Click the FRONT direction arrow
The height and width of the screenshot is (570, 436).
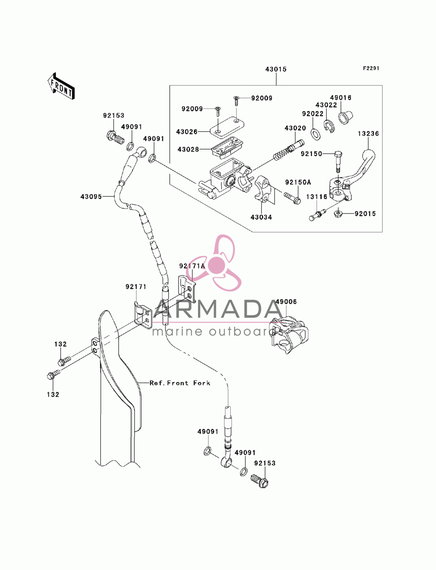click(61, 86)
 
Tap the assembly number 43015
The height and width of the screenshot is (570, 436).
click(276, 69)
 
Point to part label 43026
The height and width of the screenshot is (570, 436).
click(187, 132)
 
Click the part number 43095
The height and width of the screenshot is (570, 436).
click(91, 197)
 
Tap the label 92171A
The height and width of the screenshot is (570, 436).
click(192, 266)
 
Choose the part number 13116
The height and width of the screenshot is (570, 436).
click(317, 197)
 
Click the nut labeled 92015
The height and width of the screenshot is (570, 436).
click(338, 214)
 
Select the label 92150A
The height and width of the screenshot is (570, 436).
click(298, 182)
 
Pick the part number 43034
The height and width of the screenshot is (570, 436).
click(261, 217)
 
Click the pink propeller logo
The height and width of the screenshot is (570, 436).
click(215, 263)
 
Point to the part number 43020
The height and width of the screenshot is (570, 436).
click(295, 128)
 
